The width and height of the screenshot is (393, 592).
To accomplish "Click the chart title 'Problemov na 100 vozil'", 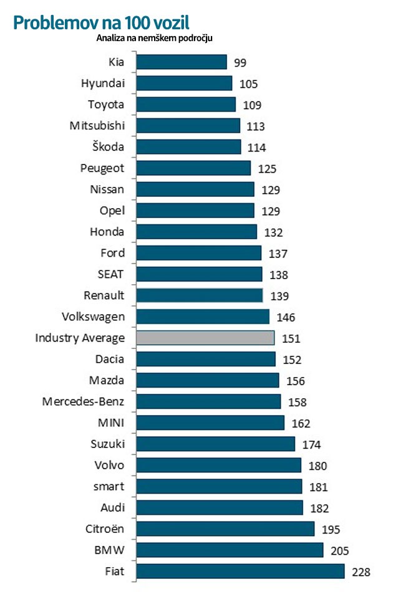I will (x=100, y=22).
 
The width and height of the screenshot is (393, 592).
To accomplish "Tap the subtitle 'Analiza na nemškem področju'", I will (x=155, y=39).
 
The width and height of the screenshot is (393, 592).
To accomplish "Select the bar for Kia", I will (x=181, y=62).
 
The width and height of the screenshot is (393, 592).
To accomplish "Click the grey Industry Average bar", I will (x=205, y=338).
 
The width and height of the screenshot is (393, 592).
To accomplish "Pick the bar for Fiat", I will (x=240, y=571).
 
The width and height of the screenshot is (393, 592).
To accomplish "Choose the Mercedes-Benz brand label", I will (x=84, y=401).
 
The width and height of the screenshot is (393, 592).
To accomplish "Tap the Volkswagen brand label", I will (x=94, y=317).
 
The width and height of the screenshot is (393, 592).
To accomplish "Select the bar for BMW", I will (x=229, y=550).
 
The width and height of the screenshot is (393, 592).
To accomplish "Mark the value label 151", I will (x=291, y=339).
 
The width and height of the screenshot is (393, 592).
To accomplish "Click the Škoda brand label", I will (x=107, y=146).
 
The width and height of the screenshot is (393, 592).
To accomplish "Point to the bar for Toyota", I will (x=185, y=104).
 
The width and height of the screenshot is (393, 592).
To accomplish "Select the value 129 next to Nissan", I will (x=271, y=190).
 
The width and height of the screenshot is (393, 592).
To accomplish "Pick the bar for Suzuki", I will (x=215, y=444).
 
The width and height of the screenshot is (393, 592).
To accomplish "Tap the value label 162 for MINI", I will (x=301, y=424).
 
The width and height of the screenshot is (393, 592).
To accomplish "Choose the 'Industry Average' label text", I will (x=80, y=338).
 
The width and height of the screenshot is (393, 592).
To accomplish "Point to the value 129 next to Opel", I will (x=271, y=211).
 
